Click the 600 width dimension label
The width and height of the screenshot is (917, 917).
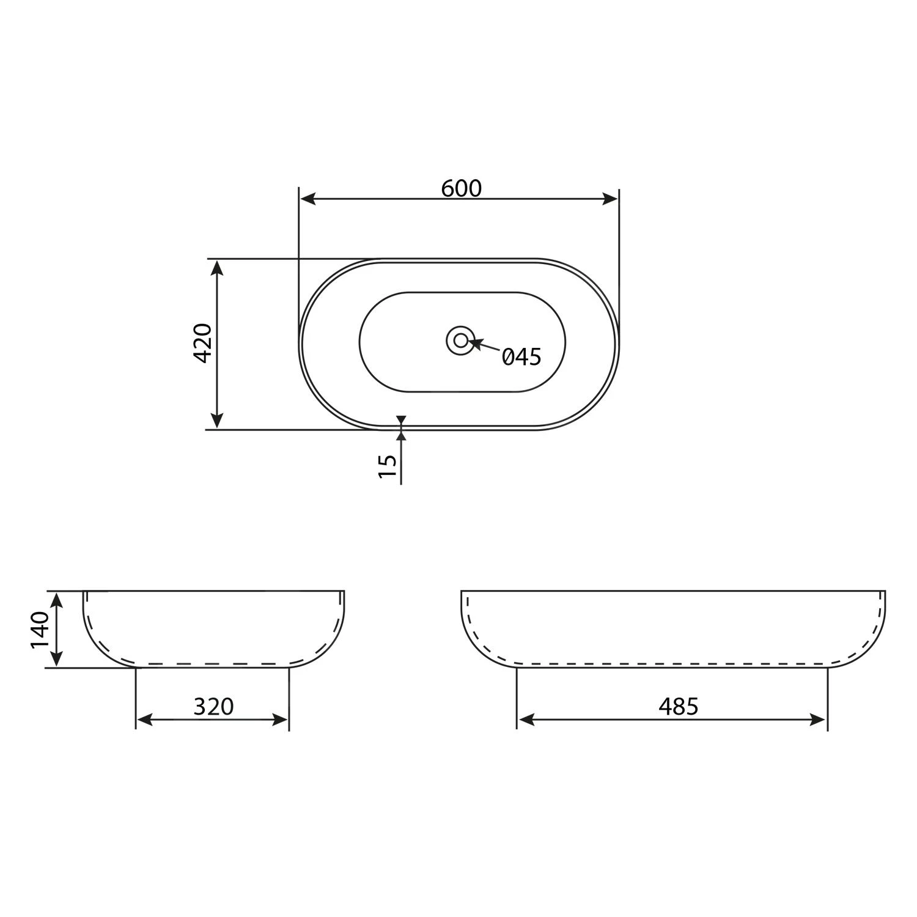[x=462, y=188]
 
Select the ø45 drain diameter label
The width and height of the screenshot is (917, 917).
[x=521, y=356]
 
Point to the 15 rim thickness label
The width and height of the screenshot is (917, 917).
[x=388, y=466]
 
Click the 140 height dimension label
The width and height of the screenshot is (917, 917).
[x=40, y=630]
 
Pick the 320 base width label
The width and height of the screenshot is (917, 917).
[x=214, y=707]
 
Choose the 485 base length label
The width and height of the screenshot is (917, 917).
[x=679, y=707]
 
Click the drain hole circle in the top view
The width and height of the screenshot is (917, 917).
[x=460, y=341]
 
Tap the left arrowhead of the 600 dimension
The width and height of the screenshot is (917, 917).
[x=308, y=199]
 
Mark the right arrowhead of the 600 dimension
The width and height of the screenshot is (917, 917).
[x=610, y=199]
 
